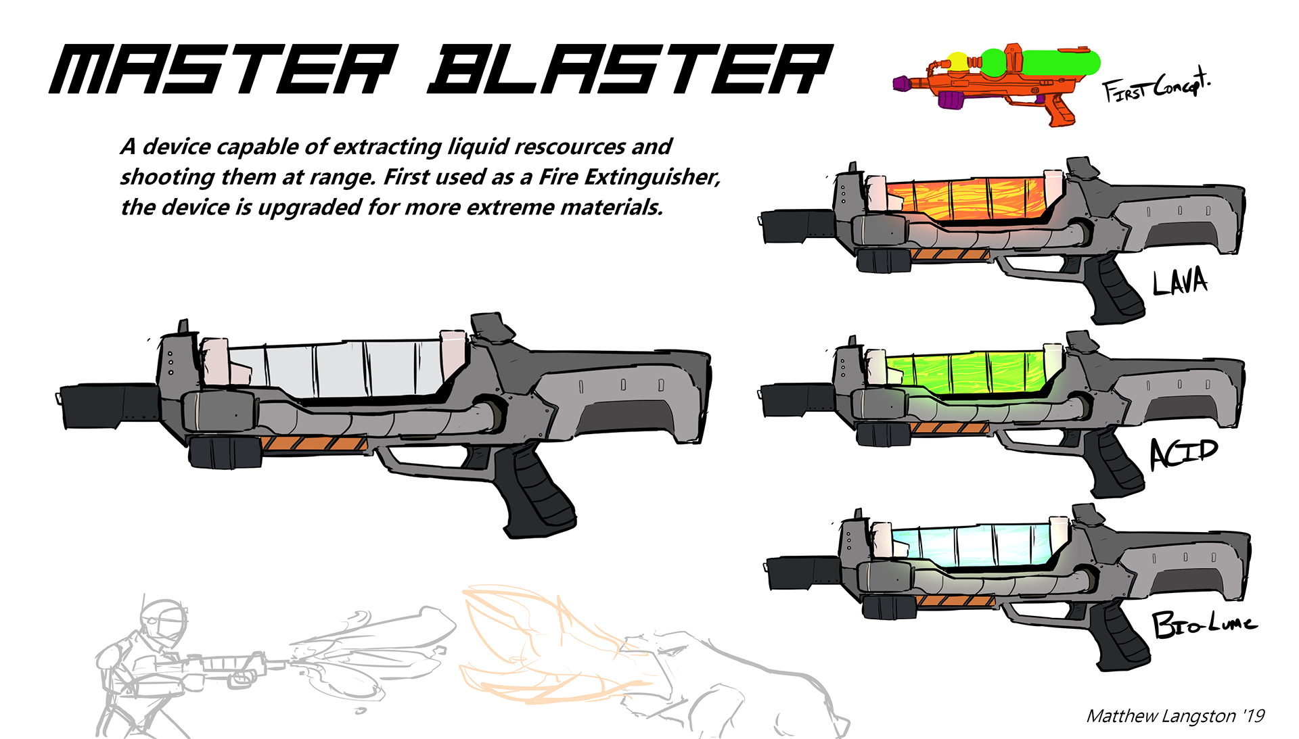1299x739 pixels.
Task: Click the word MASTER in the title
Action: (x=223, y=69)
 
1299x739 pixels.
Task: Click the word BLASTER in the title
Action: (x=629, y=69)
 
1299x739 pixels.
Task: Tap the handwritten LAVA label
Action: (x=1181, y=281)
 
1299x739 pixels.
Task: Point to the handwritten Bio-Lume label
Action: (x=1204, y=623)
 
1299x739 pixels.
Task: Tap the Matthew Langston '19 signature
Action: (x=1175, y=716)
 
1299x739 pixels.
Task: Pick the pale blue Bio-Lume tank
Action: (x=974, y=545)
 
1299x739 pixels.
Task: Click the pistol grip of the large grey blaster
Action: (x=534, y=494)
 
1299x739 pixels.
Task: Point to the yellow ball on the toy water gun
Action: (x=958, y=61)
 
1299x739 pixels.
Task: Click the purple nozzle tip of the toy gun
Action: (x=901, y=84)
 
